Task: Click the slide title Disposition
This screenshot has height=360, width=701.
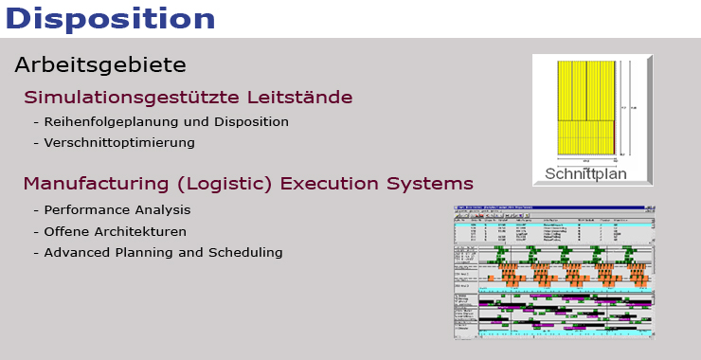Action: (109, 17)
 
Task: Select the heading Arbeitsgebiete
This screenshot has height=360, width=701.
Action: (100, 65)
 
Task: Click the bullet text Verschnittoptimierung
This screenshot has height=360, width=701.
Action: (119, 143)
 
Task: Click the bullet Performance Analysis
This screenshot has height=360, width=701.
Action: (117, 210)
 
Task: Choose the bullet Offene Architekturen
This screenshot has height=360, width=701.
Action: (116, 231)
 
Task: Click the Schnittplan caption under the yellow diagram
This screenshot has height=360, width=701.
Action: (586, 173)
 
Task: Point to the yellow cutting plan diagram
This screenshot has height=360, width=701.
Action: (587, 106)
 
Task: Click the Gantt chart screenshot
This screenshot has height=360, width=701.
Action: (554, 270)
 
